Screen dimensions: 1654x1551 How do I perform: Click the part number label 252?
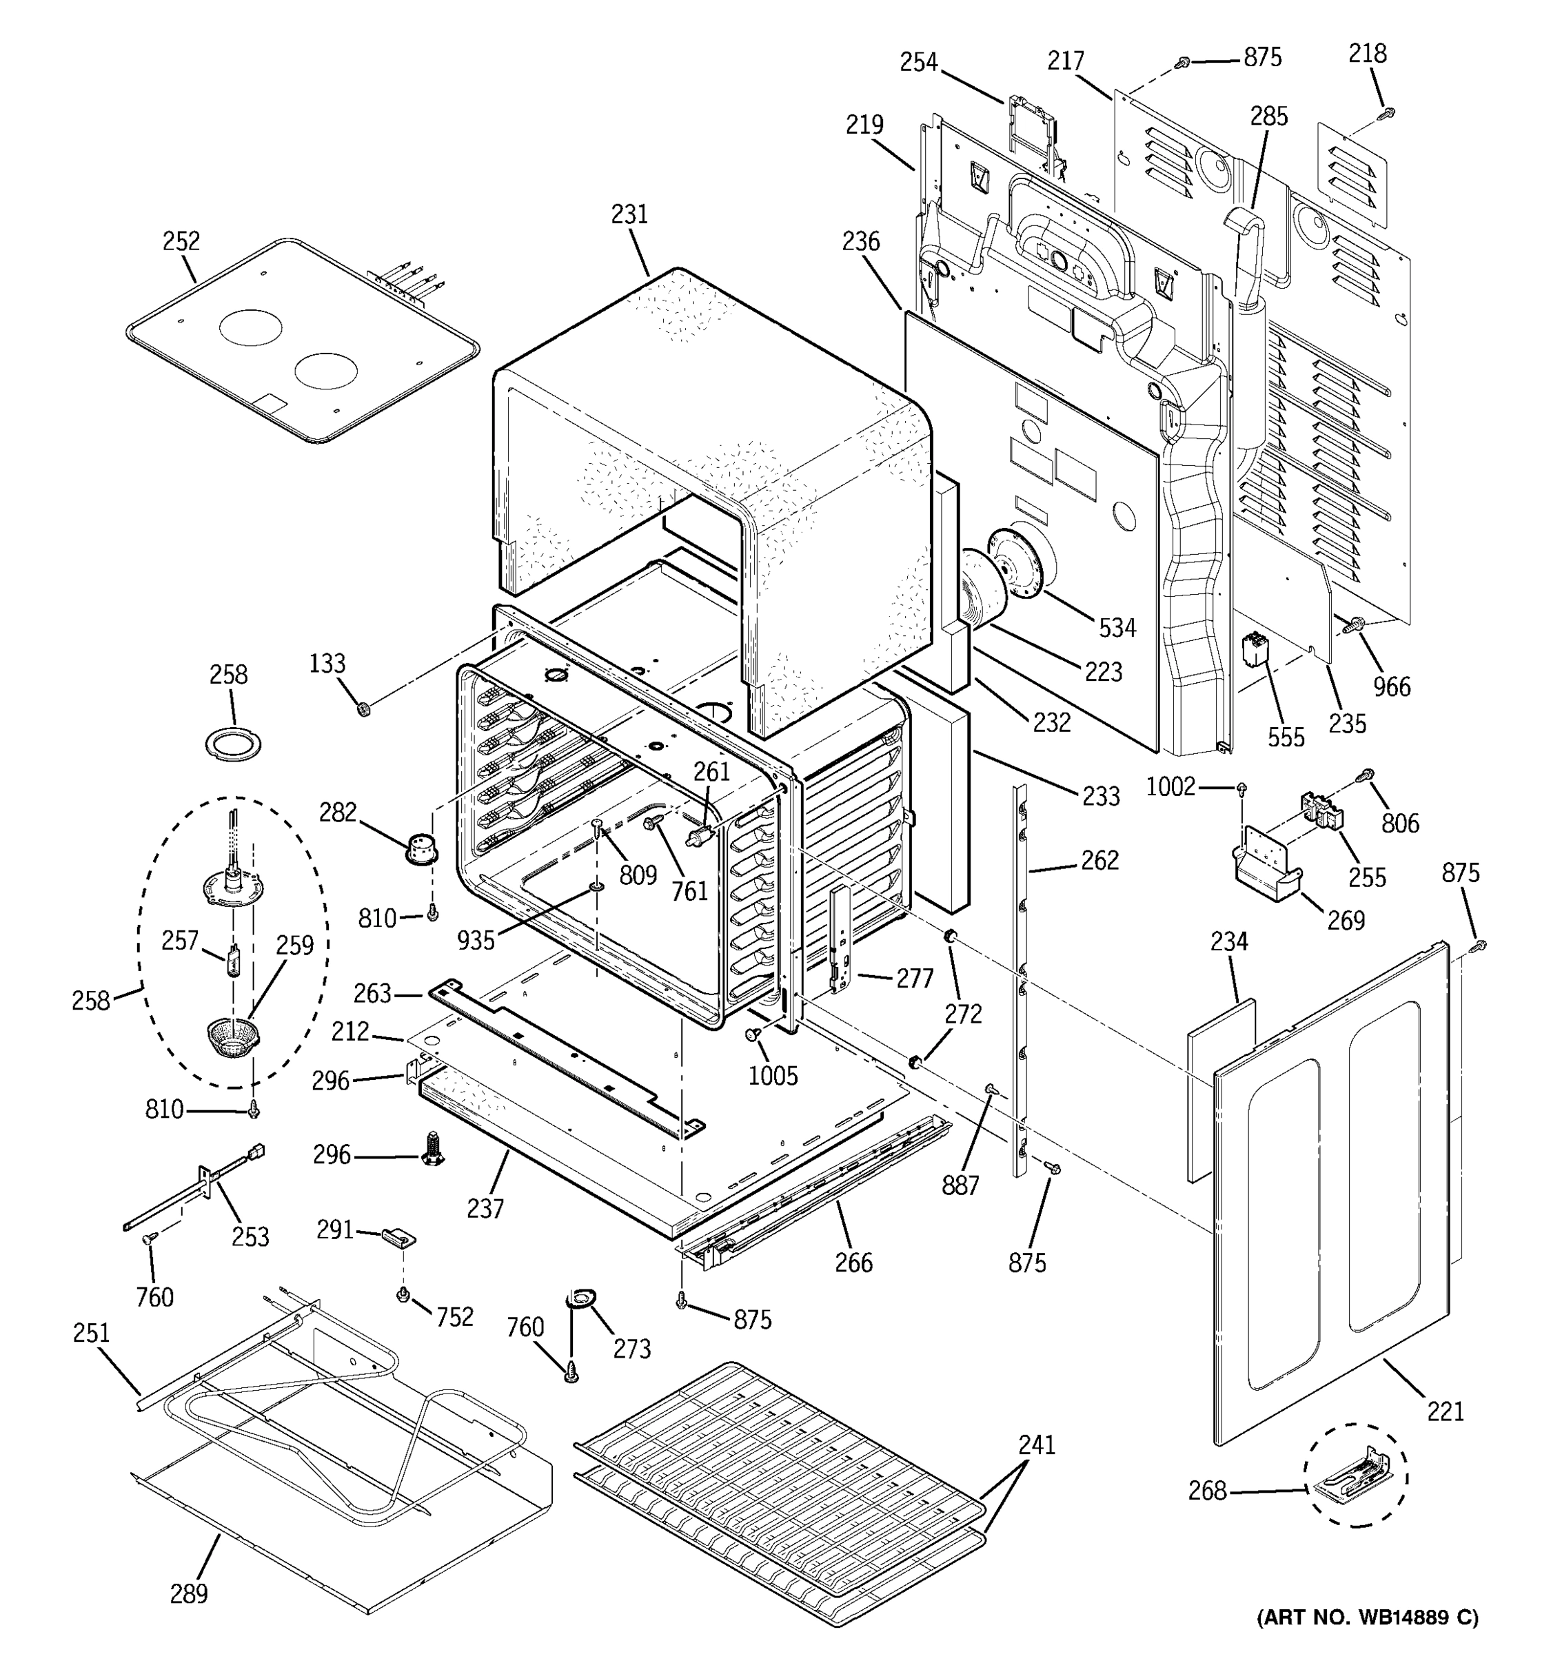point(181,241)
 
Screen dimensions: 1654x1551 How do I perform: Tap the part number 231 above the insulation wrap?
point(629,214)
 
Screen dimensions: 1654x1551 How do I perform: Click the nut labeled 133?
point(363,709)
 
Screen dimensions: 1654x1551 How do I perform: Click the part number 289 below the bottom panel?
point(189,1594)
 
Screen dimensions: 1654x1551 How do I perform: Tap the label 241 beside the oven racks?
point(1036,1446)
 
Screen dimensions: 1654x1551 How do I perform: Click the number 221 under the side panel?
point(1446,1412)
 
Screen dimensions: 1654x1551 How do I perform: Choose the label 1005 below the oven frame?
point(773,1076)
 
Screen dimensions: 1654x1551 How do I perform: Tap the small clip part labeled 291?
point(398,1237)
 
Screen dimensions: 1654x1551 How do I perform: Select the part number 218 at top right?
point(1367,54)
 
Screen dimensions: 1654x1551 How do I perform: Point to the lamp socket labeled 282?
point(421,848)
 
